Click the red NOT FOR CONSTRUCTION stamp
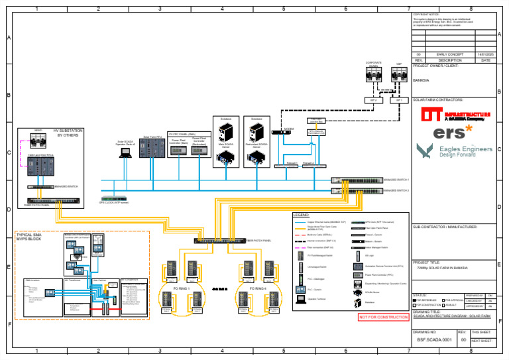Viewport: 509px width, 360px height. tap(383, 318)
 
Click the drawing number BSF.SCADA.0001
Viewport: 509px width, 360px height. tap(434, 339)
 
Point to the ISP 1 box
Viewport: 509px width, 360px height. tap(400, 100)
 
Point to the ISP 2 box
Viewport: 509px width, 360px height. tap(373, 100)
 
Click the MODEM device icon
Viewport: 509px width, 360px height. tap(281, 133)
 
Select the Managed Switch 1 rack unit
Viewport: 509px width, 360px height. tap(357, 180)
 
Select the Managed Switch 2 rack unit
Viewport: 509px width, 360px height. tap(357, 191)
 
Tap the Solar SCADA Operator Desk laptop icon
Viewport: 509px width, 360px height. tap(125, 152)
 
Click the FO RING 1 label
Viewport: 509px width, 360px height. tap(182, 289)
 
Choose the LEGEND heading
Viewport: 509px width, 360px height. tap(301, 215)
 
